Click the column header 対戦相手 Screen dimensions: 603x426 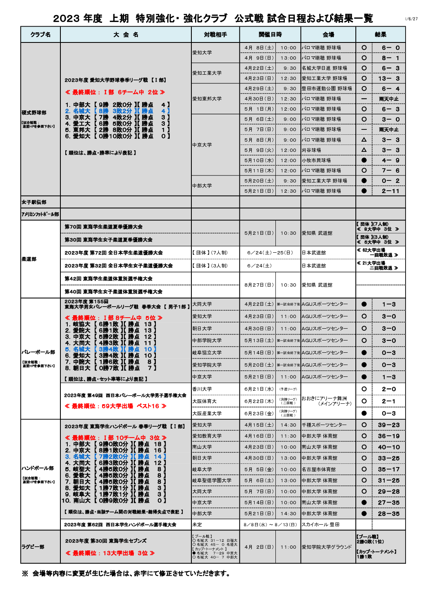click(x=215, y=35)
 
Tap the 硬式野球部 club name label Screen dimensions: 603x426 click(x=34, y=113)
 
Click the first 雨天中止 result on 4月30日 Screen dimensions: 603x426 click(x=388, y=99)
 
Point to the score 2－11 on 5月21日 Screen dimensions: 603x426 click(x=390, y=191)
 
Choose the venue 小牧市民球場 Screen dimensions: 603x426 click(x=316, y=160)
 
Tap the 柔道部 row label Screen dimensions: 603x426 click(x=30, y=259)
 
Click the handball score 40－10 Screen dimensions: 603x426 click(x=388, y=447)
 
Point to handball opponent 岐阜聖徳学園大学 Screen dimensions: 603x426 click(x=212, y=481)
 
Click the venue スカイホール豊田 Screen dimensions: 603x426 click(x=320, y=525)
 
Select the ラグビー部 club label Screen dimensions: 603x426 click(x=33, y=547)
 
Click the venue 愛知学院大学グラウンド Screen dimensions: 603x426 click(x=326, y=547)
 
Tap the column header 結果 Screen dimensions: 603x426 click(x=380, y=35)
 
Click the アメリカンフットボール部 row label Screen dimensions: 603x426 click(x=40, y=214)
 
